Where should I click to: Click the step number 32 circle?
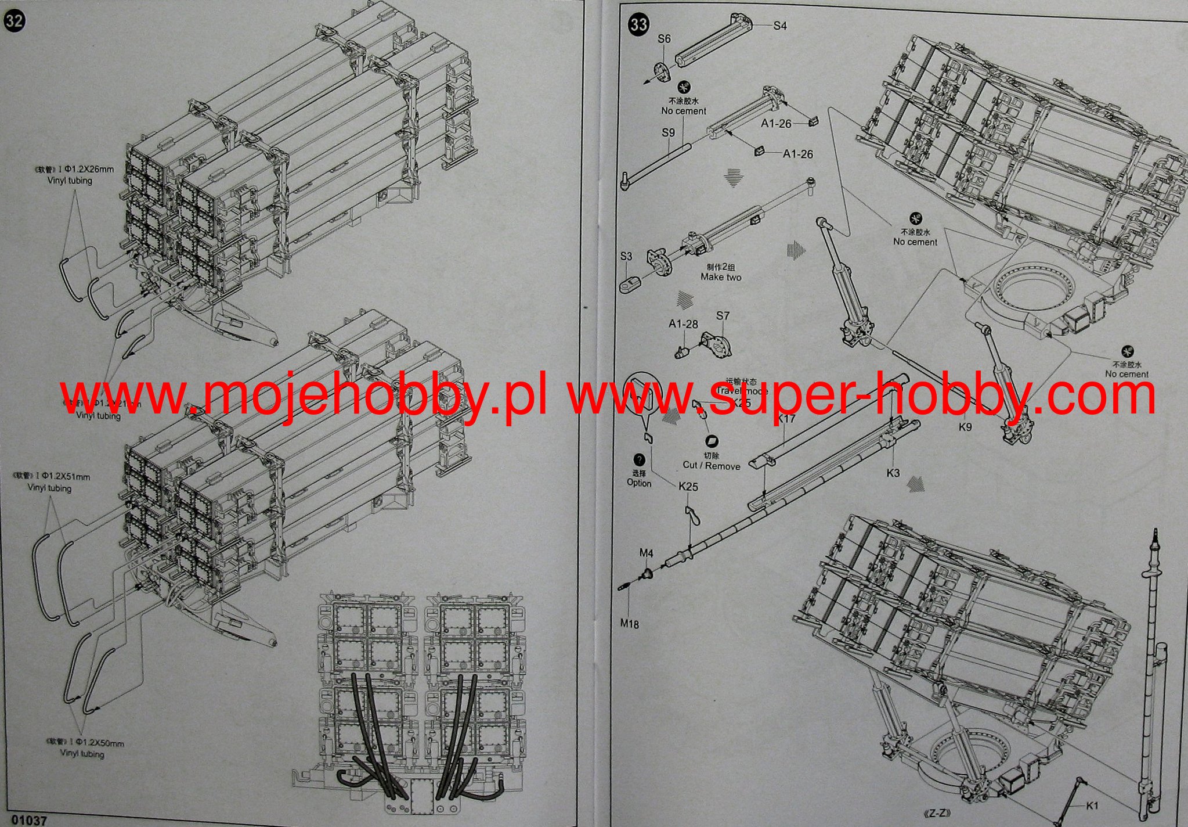(x=15, y=21)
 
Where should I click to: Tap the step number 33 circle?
(x=639, y=24)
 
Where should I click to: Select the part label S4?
(x=779, y=26)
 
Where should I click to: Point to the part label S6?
(x=664, y=39)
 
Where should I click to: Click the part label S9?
(x=668, y=132)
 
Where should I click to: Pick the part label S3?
(x=626, y=256)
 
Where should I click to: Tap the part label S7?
(x=722, y=316)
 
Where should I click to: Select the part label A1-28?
(x=683, y=324)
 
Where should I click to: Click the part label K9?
(x=965, y=427)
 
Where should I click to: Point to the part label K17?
(x=786, y=418)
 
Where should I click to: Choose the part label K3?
(x=893, y=473)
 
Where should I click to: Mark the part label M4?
(x=646, y=553)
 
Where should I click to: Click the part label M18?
(x=629, y=624)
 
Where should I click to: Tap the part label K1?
(x=1092, y=806)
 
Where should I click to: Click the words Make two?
(x=720, y=277)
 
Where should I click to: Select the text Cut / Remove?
(x=712, y=466)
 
